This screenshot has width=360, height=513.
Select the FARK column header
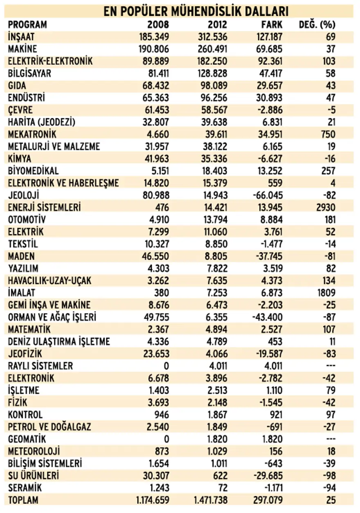click(272, 25)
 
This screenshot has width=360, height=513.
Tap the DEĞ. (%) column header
click(317, 25)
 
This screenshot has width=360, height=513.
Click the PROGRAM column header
click(27, 25)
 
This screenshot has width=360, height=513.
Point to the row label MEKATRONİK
click(32, 134)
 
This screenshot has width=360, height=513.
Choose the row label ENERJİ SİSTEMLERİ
click(45, 208)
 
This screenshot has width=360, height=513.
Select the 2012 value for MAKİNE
click(211, 49)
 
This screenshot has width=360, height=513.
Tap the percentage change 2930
click(326, 208)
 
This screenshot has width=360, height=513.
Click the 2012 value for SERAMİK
click(223, 488)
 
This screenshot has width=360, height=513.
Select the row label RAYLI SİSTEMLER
click(40, 366)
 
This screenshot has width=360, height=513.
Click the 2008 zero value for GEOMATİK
click(166, 439)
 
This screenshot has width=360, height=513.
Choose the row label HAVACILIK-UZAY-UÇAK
click(49, 281)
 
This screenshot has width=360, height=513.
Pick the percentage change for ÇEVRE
click(331, 110)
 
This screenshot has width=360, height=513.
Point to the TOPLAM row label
click(23, 500)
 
